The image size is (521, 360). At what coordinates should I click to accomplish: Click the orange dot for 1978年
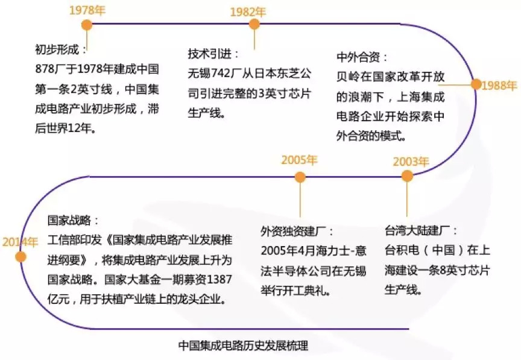coord(87,25)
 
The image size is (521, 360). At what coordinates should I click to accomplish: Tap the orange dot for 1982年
coord(254,24)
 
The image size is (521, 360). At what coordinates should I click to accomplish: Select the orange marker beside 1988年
coord(476,84)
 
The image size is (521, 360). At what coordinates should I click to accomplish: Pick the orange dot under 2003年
coord(407,175)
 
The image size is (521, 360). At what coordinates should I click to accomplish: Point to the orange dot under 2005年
coord(300,176)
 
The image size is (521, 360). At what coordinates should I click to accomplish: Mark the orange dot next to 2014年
coord(21,256)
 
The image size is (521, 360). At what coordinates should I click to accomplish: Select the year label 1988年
coord(500,86)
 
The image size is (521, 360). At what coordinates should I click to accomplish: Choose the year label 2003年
coord(411,162)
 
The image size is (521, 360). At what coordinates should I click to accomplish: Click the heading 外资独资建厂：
coord(297,232)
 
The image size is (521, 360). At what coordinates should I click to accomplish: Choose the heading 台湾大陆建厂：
coord(421,231)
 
